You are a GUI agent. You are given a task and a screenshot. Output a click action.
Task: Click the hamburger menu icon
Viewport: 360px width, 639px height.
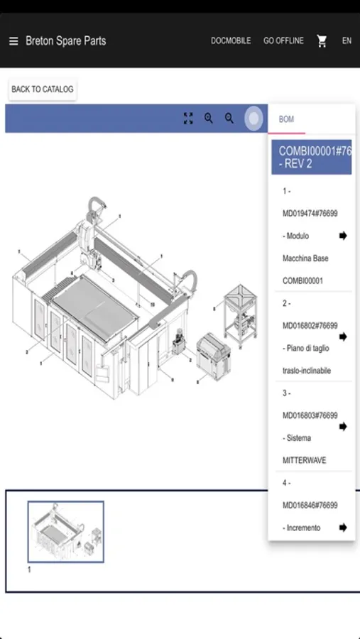[13, 41]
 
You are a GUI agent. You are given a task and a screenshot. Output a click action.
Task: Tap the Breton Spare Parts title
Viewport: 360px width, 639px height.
[65, 40]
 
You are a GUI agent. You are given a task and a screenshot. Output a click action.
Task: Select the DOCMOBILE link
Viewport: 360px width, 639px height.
[231, 40]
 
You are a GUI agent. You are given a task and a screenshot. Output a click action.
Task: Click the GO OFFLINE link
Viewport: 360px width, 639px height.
[283, 40]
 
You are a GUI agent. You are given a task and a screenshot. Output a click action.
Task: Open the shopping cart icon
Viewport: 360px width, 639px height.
[322, 40]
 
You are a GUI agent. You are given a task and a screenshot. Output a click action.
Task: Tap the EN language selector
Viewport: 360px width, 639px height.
[347, 40]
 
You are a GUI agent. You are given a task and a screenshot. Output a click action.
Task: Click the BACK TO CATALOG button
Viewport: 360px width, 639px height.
[43, 89]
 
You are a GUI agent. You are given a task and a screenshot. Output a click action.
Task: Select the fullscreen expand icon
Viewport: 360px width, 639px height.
[188, 119]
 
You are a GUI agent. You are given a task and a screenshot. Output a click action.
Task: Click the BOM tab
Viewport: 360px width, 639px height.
[286, 119]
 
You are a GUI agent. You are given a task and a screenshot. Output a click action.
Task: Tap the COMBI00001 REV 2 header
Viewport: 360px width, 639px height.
[312, 158]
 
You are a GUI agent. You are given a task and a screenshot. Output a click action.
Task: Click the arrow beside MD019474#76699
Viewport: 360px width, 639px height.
[343, 236]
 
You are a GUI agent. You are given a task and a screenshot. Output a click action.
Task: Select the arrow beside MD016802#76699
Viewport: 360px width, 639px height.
[343, 337]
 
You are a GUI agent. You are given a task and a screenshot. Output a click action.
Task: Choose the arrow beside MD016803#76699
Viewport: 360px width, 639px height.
[343, 426]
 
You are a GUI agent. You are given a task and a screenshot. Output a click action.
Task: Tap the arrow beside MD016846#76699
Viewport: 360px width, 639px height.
[343, 528]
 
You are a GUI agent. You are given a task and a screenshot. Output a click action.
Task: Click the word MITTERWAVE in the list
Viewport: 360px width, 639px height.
[304, 461]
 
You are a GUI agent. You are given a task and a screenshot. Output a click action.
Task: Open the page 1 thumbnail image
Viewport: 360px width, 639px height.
[65, 532]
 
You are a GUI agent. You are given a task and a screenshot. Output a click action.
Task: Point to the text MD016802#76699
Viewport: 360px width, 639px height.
[310, 326]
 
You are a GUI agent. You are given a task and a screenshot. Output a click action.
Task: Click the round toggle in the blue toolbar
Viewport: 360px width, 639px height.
[253, 119]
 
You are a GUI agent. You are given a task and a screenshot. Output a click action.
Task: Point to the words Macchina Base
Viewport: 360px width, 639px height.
[305, 258]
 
